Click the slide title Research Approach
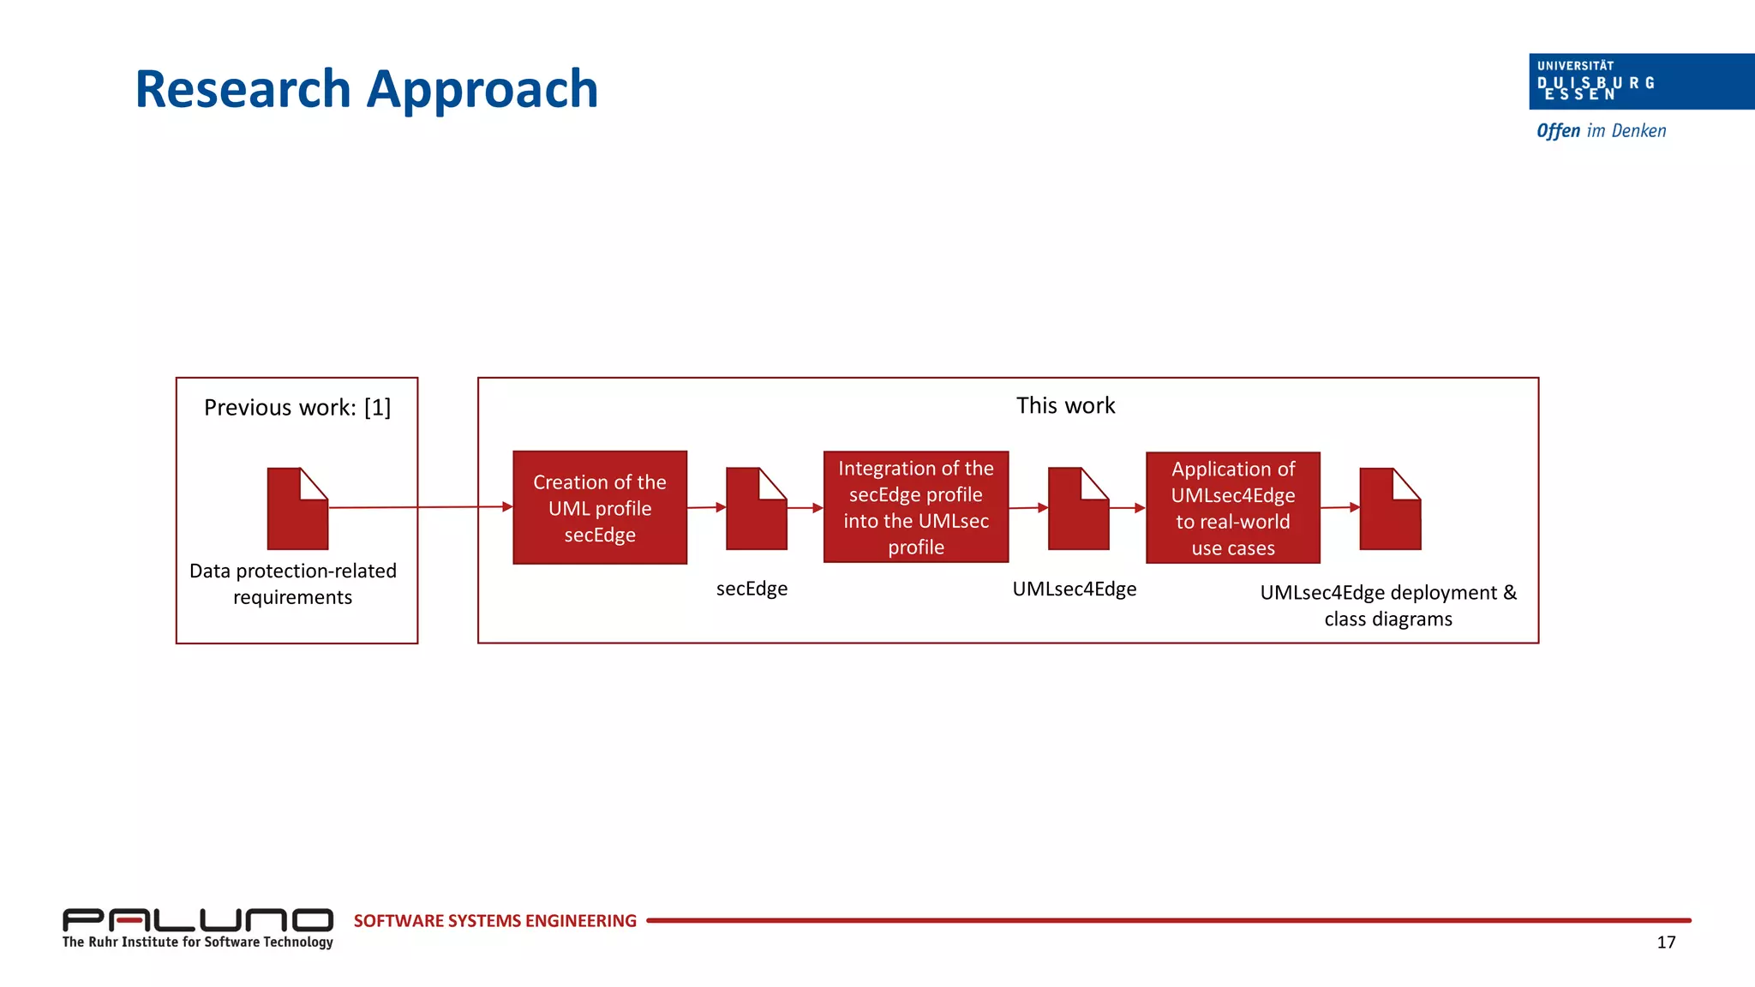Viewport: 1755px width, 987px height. point(366,89)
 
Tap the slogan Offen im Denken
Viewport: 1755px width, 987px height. point(1601,131)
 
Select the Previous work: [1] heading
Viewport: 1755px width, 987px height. point(296,408)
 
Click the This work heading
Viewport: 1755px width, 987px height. point(1065,406)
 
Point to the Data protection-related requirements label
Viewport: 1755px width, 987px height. point(293,583)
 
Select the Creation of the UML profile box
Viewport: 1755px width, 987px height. point(600,507)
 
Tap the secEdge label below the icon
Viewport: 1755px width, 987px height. point(752,589)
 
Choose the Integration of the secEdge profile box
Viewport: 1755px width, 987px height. point(915,507)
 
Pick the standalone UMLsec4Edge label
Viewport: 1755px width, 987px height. point(1074,589)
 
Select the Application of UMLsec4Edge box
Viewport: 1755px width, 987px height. point(1232,508)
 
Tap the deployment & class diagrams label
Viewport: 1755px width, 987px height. point(1387,606)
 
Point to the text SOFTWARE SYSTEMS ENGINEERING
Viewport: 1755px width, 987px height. point(494,921)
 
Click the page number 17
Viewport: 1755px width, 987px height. point(1665,942)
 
